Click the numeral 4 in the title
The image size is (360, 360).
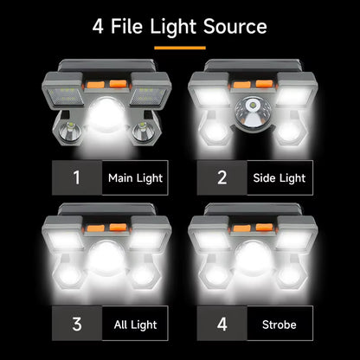point(100,26)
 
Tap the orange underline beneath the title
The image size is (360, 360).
point(179,47)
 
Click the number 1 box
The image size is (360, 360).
point(76,178)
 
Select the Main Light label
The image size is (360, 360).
point(135,178)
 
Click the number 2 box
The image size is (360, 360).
point(222,178)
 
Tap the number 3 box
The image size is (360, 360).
point(76,325)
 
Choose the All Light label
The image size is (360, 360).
point(135,325)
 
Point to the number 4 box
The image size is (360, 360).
point(222,325)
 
